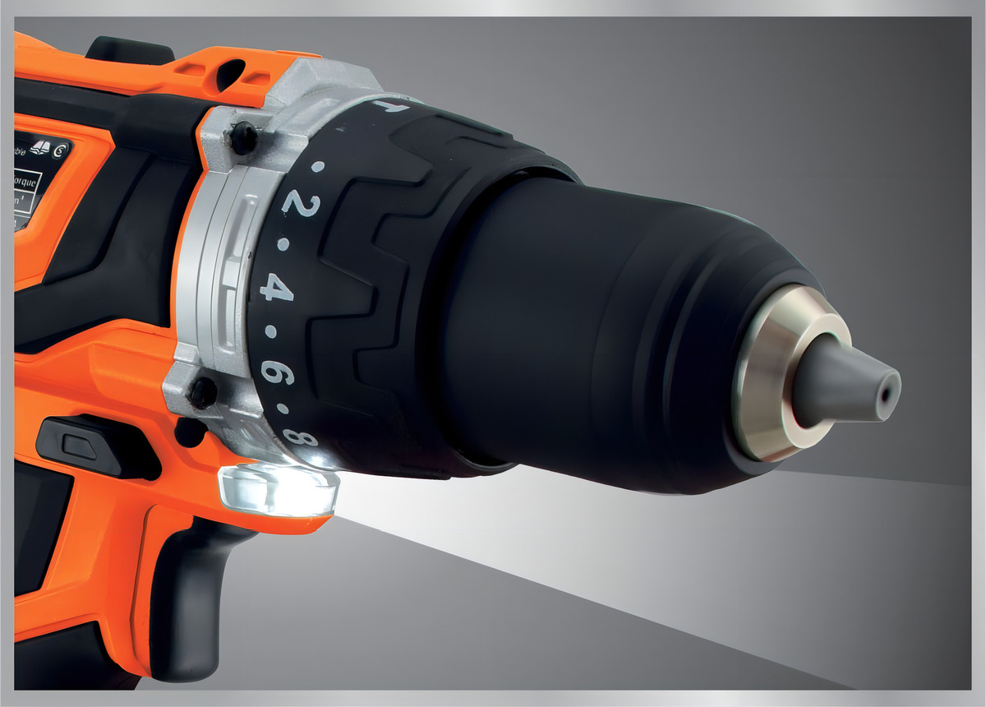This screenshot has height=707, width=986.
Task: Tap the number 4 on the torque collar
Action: [x=276, y=288]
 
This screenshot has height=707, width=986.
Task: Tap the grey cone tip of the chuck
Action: [x=846, y=384]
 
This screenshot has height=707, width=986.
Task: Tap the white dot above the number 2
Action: [x=319, y=166]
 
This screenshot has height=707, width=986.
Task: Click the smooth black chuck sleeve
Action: [x=592, y=329]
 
